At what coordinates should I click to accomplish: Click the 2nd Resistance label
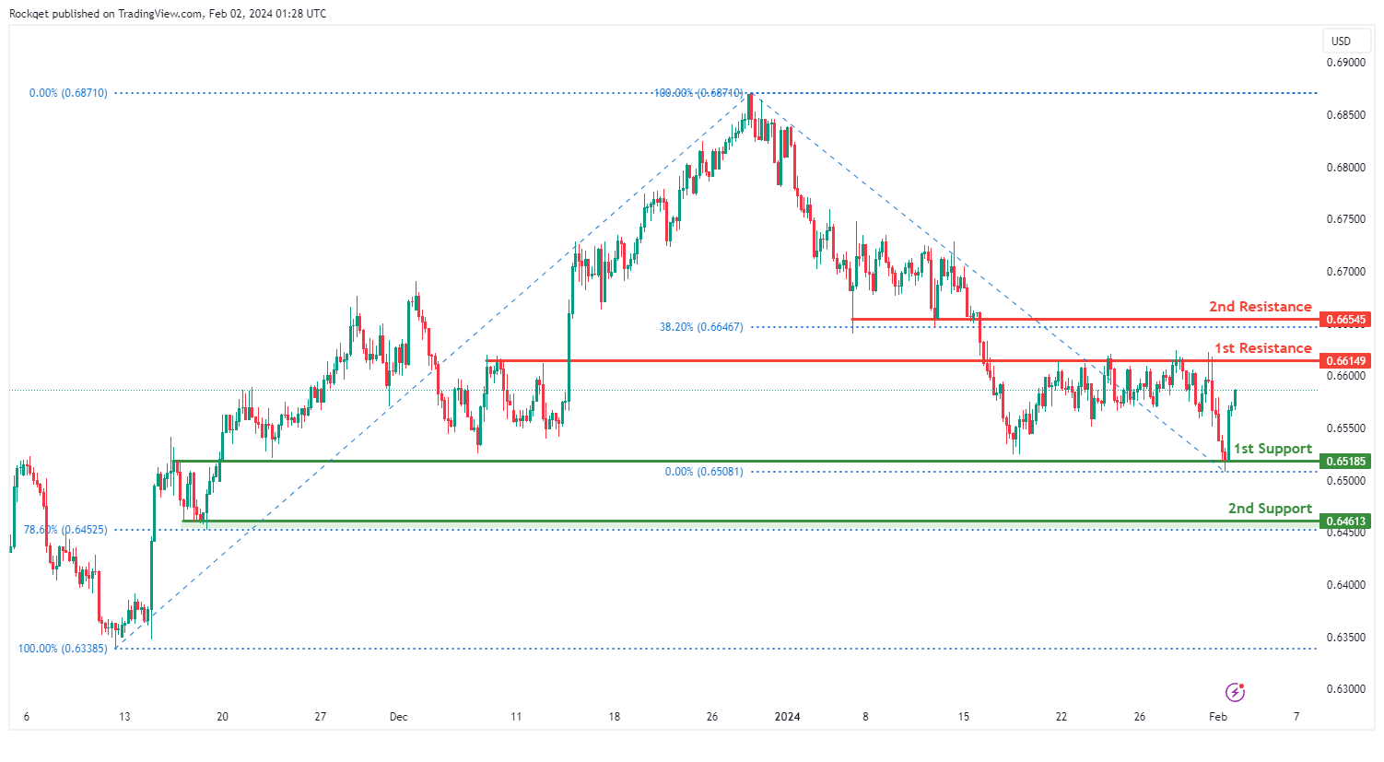tap(1260, 307)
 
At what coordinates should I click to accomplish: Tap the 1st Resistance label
tap(1262, 348)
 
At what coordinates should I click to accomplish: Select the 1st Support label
tap(1273, 449)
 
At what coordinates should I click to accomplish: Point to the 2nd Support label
tap(1270, 509)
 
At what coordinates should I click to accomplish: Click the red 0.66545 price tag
tap(1345, 320)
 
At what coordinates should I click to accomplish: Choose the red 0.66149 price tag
tap(1345, 360)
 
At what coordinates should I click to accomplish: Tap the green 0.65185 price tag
tap(1345, 461)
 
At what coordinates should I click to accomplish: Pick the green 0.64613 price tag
tap(1345, 522)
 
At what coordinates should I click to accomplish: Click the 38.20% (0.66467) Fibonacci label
tap(700, 327)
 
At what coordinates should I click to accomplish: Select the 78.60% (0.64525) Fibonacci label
tap(65, 530)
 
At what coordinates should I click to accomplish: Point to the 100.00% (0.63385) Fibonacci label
tap(63, 649)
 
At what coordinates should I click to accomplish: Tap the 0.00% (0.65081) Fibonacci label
tap(703, 472)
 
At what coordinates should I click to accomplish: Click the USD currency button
tap(1341, 41)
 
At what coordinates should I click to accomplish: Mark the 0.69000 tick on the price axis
tap(1345, 63)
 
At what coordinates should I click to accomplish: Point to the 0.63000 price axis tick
tap(1345, 689)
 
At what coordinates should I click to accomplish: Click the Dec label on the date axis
tap(398, 717)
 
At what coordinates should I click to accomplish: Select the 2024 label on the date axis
tap(787, 717)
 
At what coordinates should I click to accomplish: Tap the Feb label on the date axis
tap(1217, 717)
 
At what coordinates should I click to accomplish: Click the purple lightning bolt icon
tap(1235, 692)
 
